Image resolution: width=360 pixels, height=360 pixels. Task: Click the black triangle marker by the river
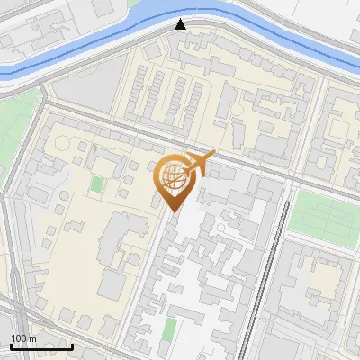[181, 24]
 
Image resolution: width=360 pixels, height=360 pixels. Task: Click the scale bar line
[41, 346]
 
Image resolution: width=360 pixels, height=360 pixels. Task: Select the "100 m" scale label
[23, 338]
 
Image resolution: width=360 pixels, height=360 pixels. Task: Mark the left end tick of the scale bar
[11, 345]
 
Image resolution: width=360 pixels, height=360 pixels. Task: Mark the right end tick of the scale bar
[72, 345]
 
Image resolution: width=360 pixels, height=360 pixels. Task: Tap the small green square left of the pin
[96, 185]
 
